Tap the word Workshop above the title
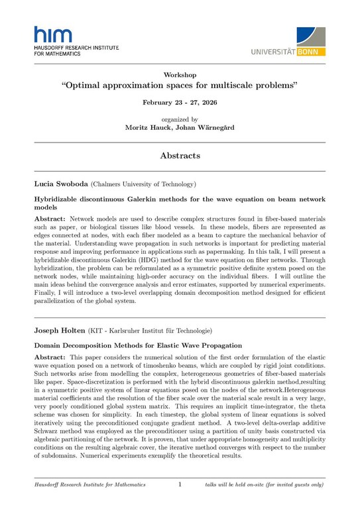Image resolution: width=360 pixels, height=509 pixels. coord(179,75)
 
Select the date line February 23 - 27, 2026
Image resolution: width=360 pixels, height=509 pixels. coord(179,103)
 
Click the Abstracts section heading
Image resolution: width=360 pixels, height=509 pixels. coord(179,156)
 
